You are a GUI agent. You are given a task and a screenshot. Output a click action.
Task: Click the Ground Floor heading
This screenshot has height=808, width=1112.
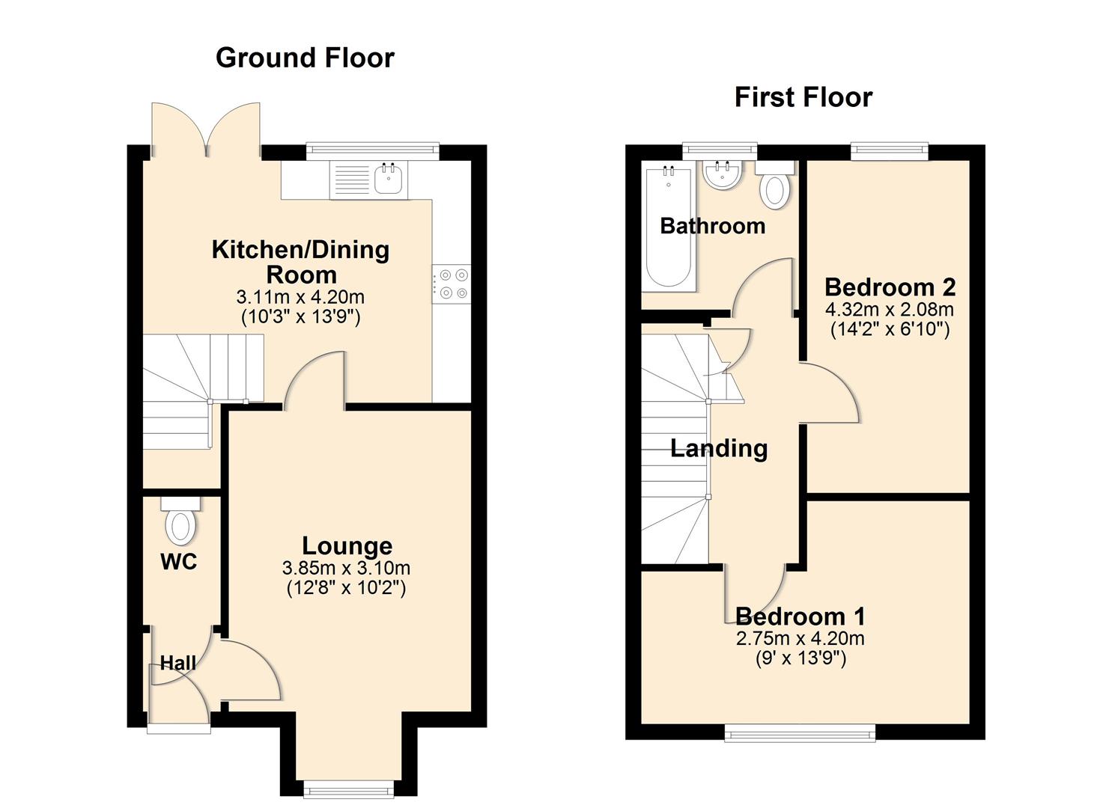(x=305, y=58)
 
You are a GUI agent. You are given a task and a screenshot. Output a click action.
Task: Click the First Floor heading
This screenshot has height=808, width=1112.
(x=803, y=97)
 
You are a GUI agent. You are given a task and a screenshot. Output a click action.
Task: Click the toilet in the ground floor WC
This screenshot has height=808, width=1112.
(x=180, y=524)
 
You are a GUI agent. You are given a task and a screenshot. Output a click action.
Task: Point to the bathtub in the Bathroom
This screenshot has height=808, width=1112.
(x=668, y=227)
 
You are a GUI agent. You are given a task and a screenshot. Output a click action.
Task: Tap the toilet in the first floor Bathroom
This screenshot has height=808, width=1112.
(x=774, y=187)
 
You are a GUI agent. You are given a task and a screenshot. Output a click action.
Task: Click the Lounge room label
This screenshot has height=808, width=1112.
(x=347, y=546)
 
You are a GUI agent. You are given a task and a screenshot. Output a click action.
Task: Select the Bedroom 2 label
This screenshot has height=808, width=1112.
(x=890, y=287)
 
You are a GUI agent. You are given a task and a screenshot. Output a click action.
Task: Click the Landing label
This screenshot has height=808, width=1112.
(x=718, y=448)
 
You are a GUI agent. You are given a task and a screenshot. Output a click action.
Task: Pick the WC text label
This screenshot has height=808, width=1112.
(x=179, y=561)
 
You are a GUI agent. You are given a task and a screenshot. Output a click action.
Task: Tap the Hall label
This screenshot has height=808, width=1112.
(x=178, y=663)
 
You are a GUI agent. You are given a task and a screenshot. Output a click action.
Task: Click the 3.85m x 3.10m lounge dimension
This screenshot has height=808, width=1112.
(x=347, y=568)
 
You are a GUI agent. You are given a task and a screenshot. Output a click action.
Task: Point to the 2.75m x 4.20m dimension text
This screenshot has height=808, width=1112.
(x=800, y=638)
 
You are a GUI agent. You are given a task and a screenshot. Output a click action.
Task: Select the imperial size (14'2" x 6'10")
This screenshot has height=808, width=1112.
(x=890, y=329)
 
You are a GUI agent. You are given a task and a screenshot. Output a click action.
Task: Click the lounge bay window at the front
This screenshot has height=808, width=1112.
(x=347, y=787)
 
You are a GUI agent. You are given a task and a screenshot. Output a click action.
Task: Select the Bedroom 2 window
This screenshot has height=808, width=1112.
(x=890, y=152)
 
